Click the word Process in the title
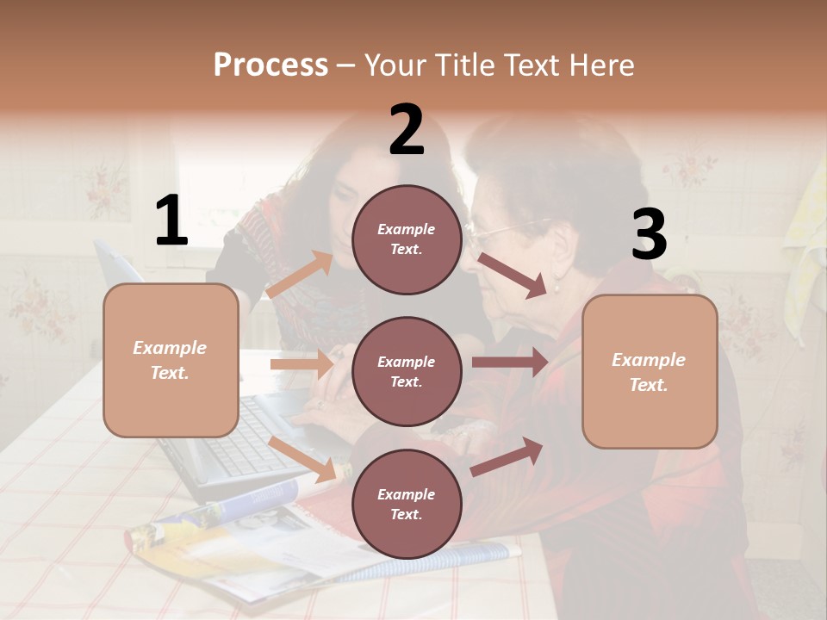270,65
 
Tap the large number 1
171,221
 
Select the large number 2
407,130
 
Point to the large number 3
649,235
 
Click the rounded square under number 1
171,360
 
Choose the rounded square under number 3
650,372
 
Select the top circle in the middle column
406,239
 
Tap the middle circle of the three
406,372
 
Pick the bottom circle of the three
406,505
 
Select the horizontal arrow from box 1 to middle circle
302,365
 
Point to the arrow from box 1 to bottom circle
302,459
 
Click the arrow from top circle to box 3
513,275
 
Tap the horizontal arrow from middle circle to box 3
509,362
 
